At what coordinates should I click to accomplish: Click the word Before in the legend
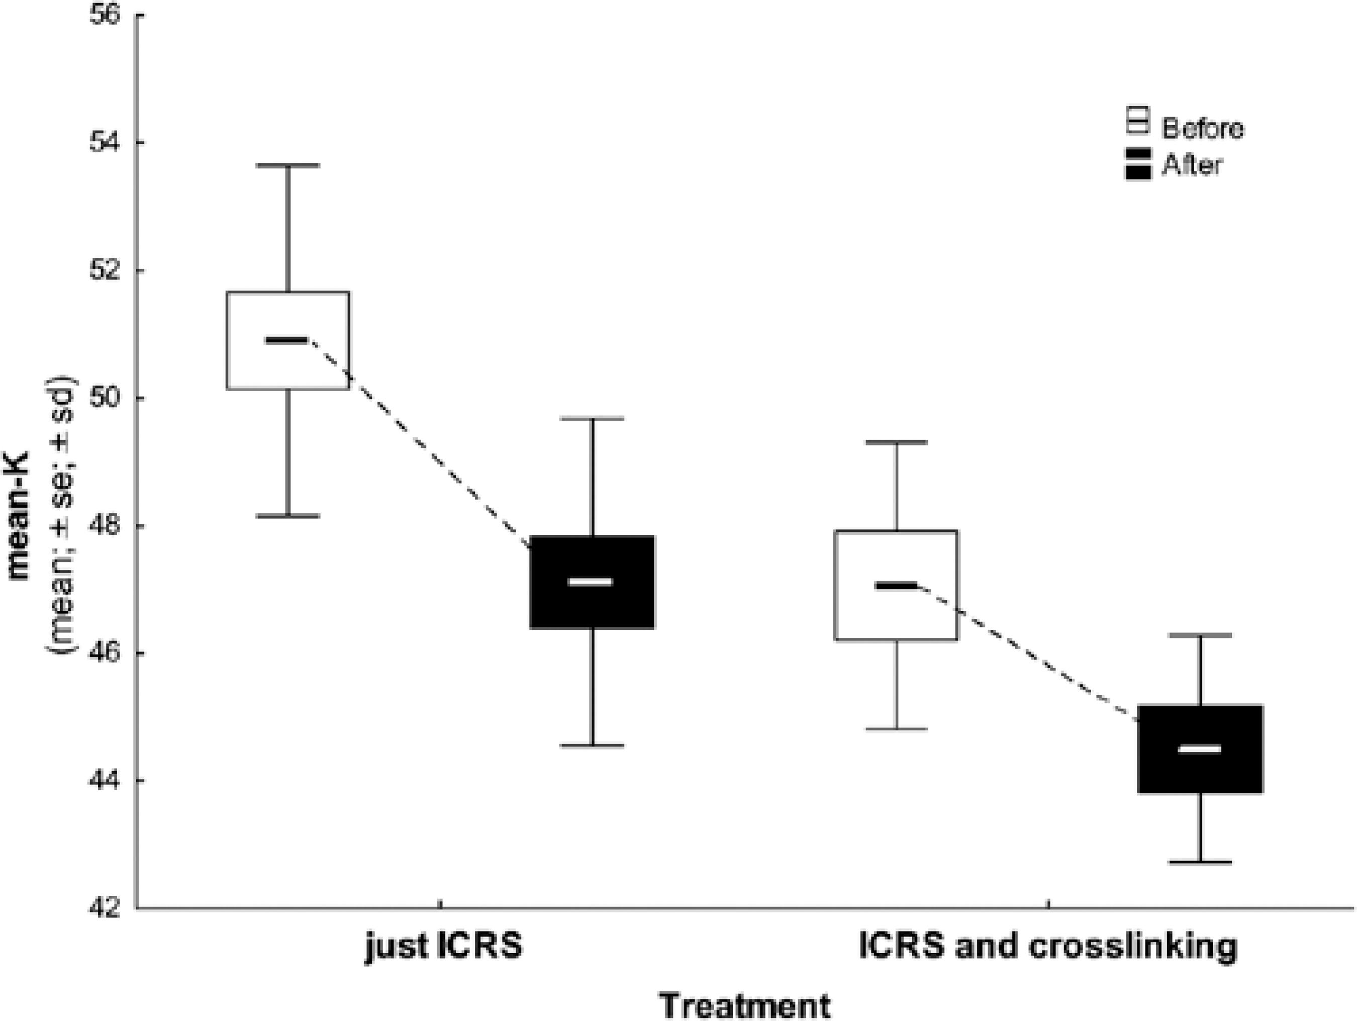click(1202, 129)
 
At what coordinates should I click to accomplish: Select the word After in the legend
click(1191, 165)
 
